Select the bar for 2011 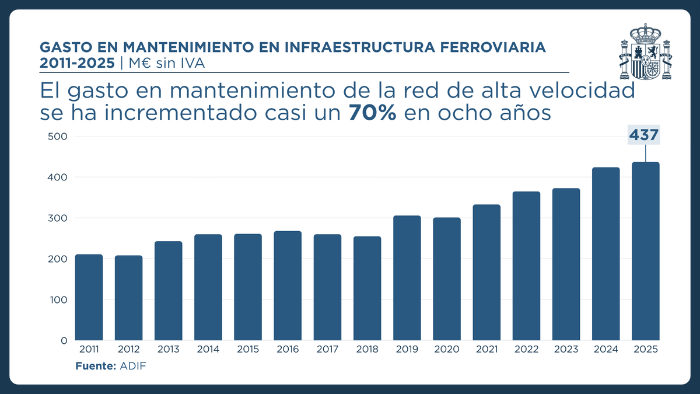click(89, 297)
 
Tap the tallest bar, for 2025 click(646, 251)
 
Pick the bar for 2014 click(208, 287)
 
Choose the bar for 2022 click(526, 266)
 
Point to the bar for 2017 click(327, 287)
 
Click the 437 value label click(644, 135)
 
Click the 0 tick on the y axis click(64, 341)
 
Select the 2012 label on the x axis click(128, 350)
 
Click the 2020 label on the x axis click(447, 350)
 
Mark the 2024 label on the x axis click(605, 350)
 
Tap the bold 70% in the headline click(373, 113)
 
